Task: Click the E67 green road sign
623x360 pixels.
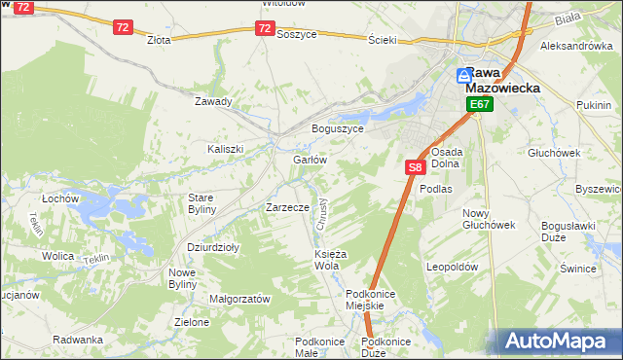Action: point(477,104)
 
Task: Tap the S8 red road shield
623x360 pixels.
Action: point(415,167)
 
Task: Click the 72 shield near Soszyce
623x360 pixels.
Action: point(265,29)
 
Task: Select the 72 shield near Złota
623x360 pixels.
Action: point(122,27)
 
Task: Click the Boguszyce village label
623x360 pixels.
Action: point(337,128)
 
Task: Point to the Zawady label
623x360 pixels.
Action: point(213,101)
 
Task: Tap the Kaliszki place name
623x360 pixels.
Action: point(225,149)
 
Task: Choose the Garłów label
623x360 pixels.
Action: point(309,160)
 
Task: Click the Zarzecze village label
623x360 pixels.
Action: point(287,207)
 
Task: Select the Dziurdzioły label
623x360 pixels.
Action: point(213,247)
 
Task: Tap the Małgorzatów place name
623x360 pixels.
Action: point(239,300)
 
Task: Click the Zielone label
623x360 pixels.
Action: point(192,322)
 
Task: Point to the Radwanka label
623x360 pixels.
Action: point(79,340)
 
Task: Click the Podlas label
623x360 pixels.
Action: point(436,189)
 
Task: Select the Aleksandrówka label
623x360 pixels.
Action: point(576,46)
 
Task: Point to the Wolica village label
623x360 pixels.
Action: point(57,256)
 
